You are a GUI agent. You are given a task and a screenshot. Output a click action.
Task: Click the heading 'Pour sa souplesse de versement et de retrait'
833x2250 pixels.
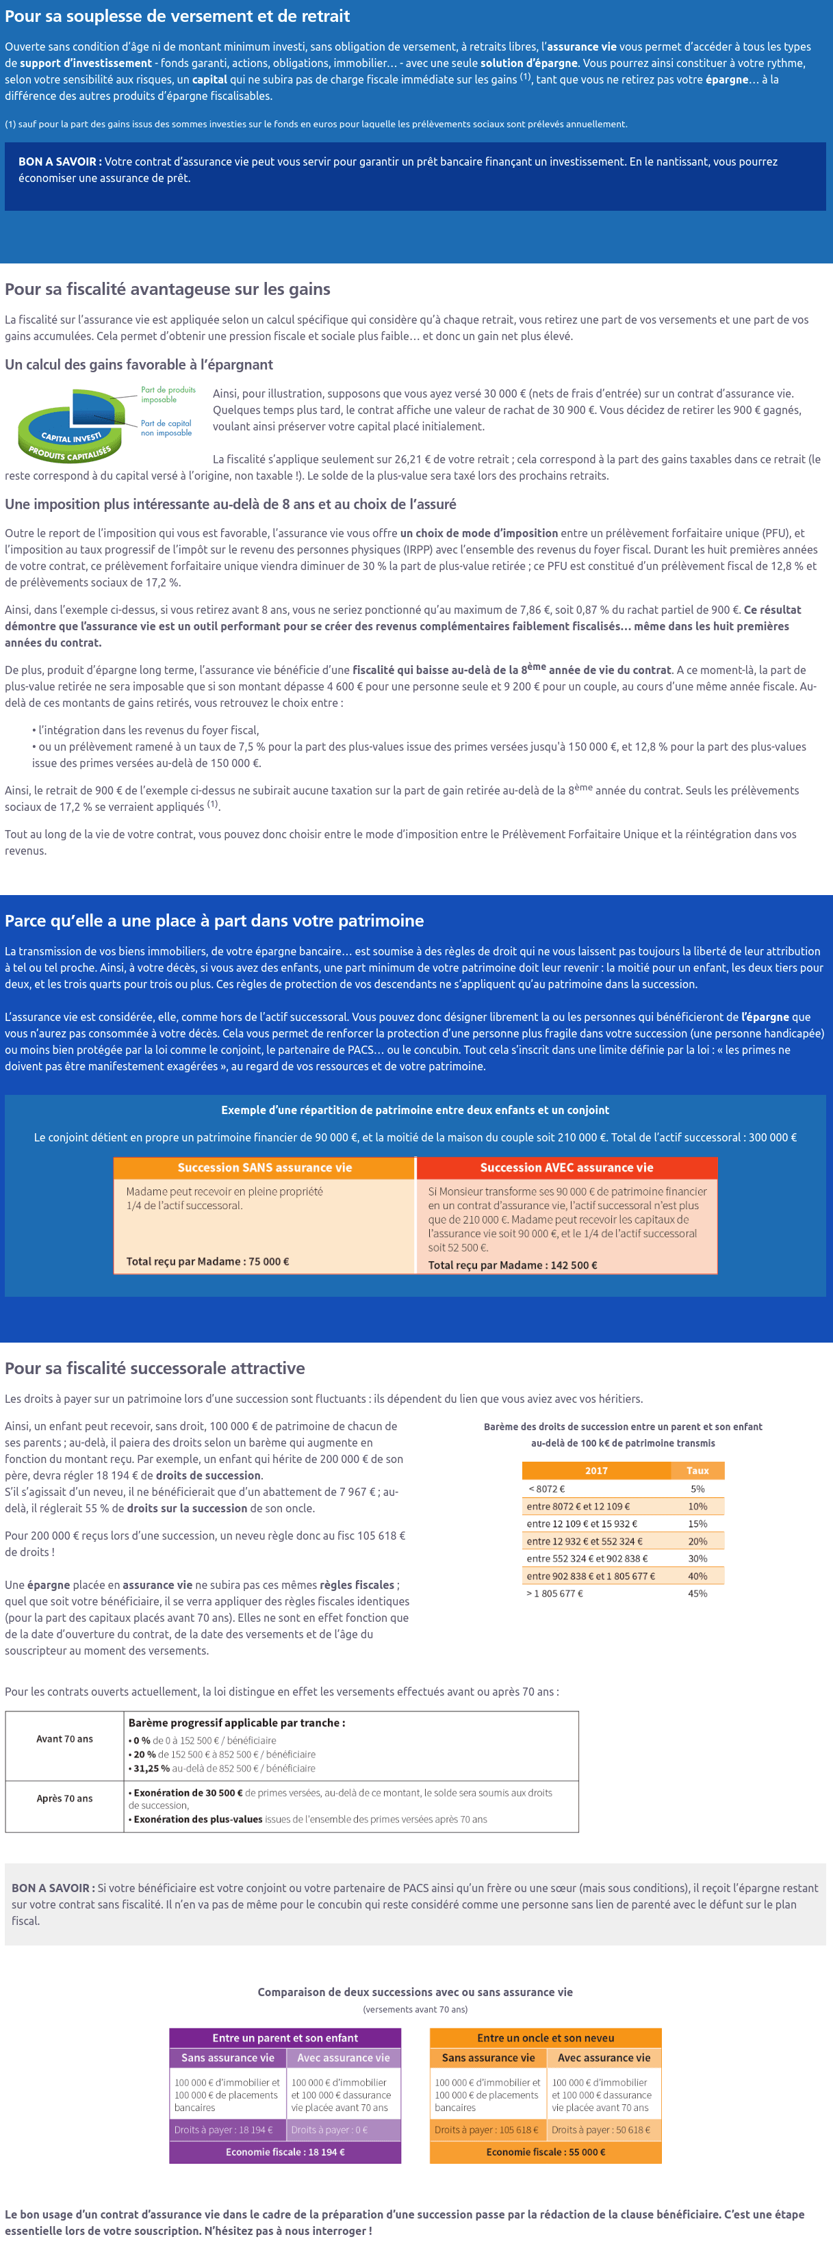(x=177, y=16)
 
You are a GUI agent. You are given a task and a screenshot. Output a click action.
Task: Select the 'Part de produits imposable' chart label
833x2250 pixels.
(x=168, y=395)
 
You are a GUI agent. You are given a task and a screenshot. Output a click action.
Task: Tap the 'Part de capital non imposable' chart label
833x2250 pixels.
(x=166, y=428)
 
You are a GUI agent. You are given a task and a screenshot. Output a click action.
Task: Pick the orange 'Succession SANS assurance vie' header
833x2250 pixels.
(x=264, y=1168)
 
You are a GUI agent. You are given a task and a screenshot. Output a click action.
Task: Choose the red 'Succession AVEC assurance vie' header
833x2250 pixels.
(x=567, y=1168)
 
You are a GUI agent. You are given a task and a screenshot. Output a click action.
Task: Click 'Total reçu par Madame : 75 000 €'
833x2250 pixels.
(x=207, y=1261)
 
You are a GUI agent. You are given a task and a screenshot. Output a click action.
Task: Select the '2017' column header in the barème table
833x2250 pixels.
(x=596, y=1471)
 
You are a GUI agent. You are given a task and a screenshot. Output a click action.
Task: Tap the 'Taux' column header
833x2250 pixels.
(x=697, y=1471)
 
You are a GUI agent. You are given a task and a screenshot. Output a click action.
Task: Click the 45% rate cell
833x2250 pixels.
(x=697, y=1593)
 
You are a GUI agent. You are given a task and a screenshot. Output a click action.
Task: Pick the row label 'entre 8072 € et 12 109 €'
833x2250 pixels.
(x=578, y=1506)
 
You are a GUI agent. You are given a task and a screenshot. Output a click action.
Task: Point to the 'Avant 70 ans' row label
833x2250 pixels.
(x=64, y=1739)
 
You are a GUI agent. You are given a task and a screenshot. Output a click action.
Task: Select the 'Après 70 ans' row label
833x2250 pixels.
(x=64, y=1798)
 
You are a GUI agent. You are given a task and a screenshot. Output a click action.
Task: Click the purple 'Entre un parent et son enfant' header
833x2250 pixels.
(x=285, y=2038)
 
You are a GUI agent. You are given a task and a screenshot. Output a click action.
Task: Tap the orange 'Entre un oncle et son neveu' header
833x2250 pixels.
(x=546, y=2038)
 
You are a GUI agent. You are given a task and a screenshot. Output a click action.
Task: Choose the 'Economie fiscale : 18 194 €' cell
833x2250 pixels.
(x=285, y=2152)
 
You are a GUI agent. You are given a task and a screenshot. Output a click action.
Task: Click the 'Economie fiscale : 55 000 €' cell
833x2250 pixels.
(x=546, y=2152)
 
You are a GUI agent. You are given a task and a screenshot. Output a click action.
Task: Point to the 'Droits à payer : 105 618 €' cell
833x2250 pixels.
(x=487, y=2130)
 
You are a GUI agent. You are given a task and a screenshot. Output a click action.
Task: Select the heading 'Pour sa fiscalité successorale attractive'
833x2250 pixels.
(x=155, y=1369)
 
